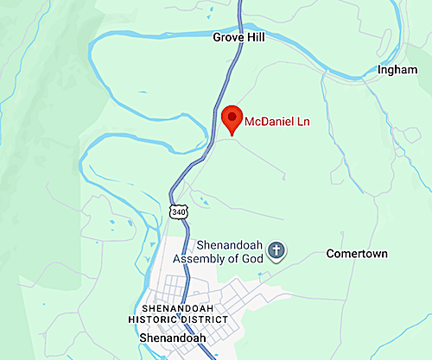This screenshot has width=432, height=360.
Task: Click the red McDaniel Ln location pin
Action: tap(232, 119)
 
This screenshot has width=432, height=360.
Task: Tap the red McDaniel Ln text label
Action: tap(276, 122)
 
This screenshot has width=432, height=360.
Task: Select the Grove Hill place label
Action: tap(238, 38)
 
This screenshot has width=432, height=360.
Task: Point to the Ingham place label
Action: tap(397, 70)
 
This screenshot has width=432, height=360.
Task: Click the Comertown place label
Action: tap(356, 254)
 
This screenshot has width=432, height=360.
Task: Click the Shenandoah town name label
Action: tap(172, 338)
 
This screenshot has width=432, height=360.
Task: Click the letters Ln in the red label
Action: tap(302, 122)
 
